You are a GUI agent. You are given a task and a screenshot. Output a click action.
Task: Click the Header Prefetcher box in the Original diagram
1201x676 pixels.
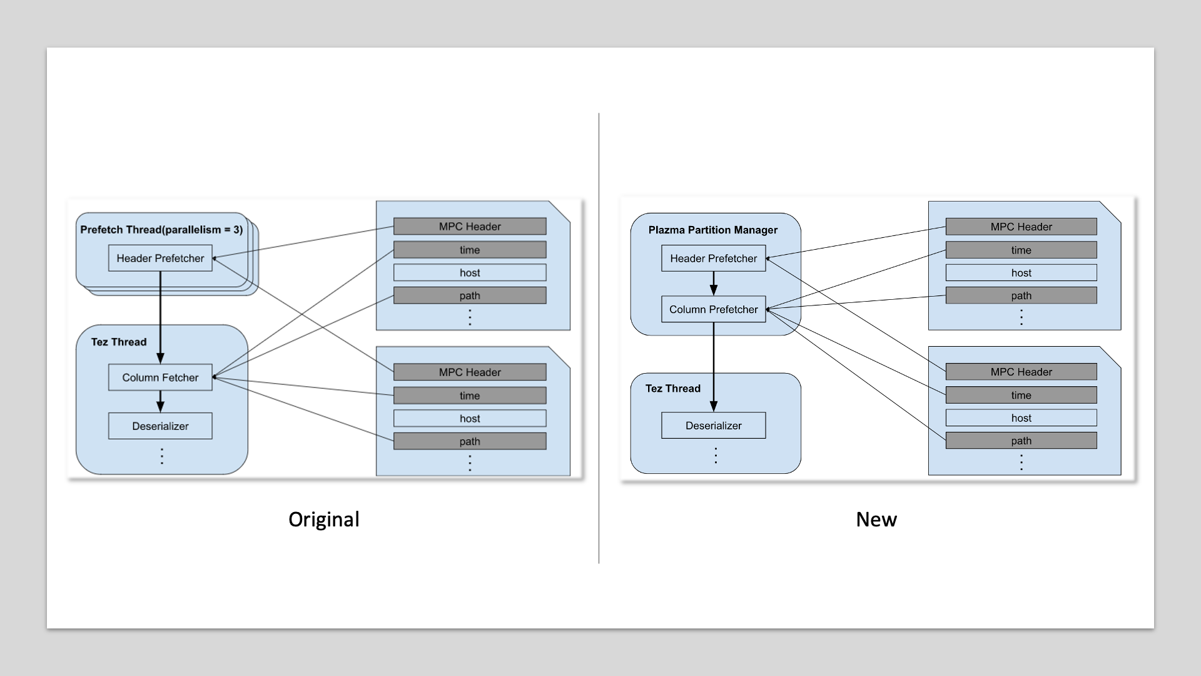pos(160,258)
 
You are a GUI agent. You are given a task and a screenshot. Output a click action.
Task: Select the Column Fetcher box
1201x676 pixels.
pos(160,377)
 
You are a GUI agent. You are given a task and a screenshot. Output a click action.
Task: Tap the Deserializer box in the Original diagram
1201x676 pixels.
pos(160,426)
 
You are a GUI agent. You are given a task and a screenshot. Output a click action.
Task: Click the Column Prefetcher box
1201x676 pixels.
pos(713,309)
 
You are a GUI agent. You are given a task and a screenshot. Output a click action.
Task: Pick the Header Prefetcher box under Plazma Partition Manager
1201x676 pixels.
pos(713,258)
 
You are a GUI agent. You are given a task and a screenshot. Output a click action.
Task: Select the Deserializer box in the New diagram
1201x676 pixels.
pos(713,425)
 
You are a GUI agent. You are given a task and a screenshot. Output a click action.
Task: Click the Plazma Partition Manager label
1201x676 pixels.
pos(712,230)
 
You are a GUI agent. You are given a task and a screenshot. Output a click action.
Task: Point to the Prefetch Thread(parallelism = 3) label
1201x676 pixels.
pos(161,230)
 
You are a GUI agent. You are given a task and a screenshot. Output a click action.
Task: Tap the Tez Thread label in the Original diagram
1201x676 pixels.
pos(119,342)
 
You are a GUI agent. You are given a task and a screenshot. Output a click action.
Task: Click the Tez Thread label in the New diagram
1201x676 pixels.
pos(673,388)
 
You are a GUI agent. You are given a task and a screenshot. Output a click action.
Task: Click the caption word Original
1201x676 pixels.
pos(324,519)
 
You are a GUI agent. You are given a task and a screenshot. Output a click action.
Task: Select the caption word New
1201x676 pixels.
pos(876,519)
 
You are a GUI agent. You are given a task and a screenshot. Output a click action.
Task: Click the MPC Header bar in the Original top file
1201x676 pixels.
pos(470,227)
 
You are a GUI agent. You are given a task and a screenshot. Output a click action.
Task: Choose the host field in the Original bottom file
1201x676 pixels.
pos(470,418)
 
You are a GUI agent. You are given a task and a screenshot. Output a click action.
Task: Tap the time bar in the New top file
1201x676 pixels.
pos(1021,250)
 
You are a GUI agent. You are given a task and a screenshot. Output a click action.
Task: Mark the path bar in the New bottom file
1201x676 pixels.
pos(1021,441)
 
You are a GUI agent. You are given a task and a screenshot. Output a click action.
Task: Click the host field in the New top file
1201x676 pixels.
pos(1021,272)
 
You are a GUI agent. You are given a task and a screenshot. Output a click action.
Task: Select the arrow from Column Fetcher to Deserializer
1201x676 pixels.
pos(160,401)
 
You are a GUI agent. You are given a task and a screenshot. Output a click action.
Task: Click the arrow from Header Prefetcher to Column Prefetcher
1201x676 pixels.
pos(713,284)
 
